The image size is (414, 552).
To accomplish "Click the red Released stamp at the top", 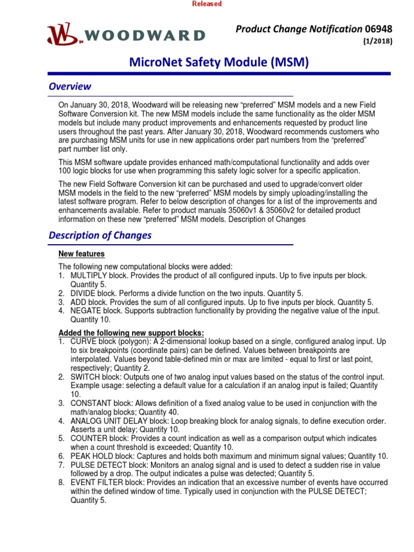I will (x=207, y=4).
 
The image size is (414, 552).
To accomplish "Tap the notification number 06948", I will (x=378, y=29).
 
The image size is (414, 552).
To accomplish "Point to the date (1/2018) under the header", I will (x=381, y=42).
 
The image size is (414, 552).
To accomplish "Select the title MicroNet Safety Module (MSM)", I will (x=219, y=63).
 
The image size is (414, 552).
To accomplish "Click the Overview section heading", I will (x=70, y=86).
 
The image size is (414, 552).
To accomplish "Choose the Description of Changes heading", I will (x=100, y=235).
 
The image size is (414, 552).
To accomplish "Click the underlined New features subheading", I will (x=81, y=253).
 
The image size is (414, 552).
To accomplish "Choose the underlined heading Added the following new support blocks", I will (x=131, y=333).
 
